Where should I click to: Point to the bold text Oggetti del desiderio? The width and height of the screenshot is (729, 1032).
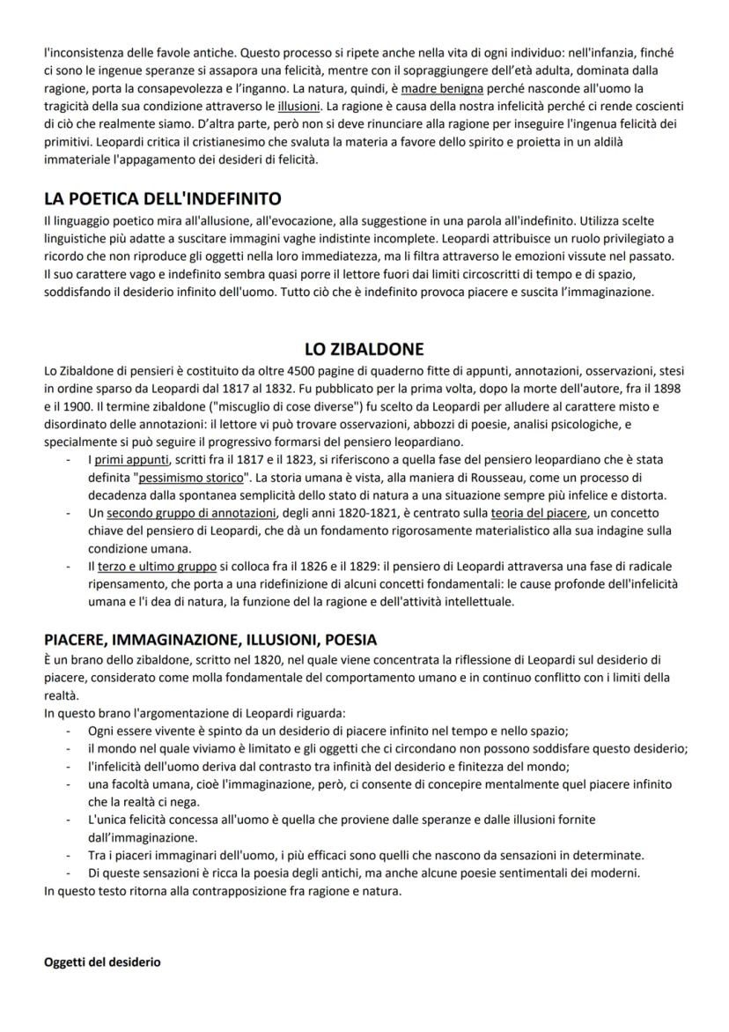pos(102,962)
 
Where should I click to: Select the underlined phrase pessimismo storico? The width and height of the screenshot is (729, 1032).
pos(191,477)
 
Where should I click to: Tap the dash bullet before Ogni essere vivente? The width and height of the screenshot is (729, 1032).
pos(69,731)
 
